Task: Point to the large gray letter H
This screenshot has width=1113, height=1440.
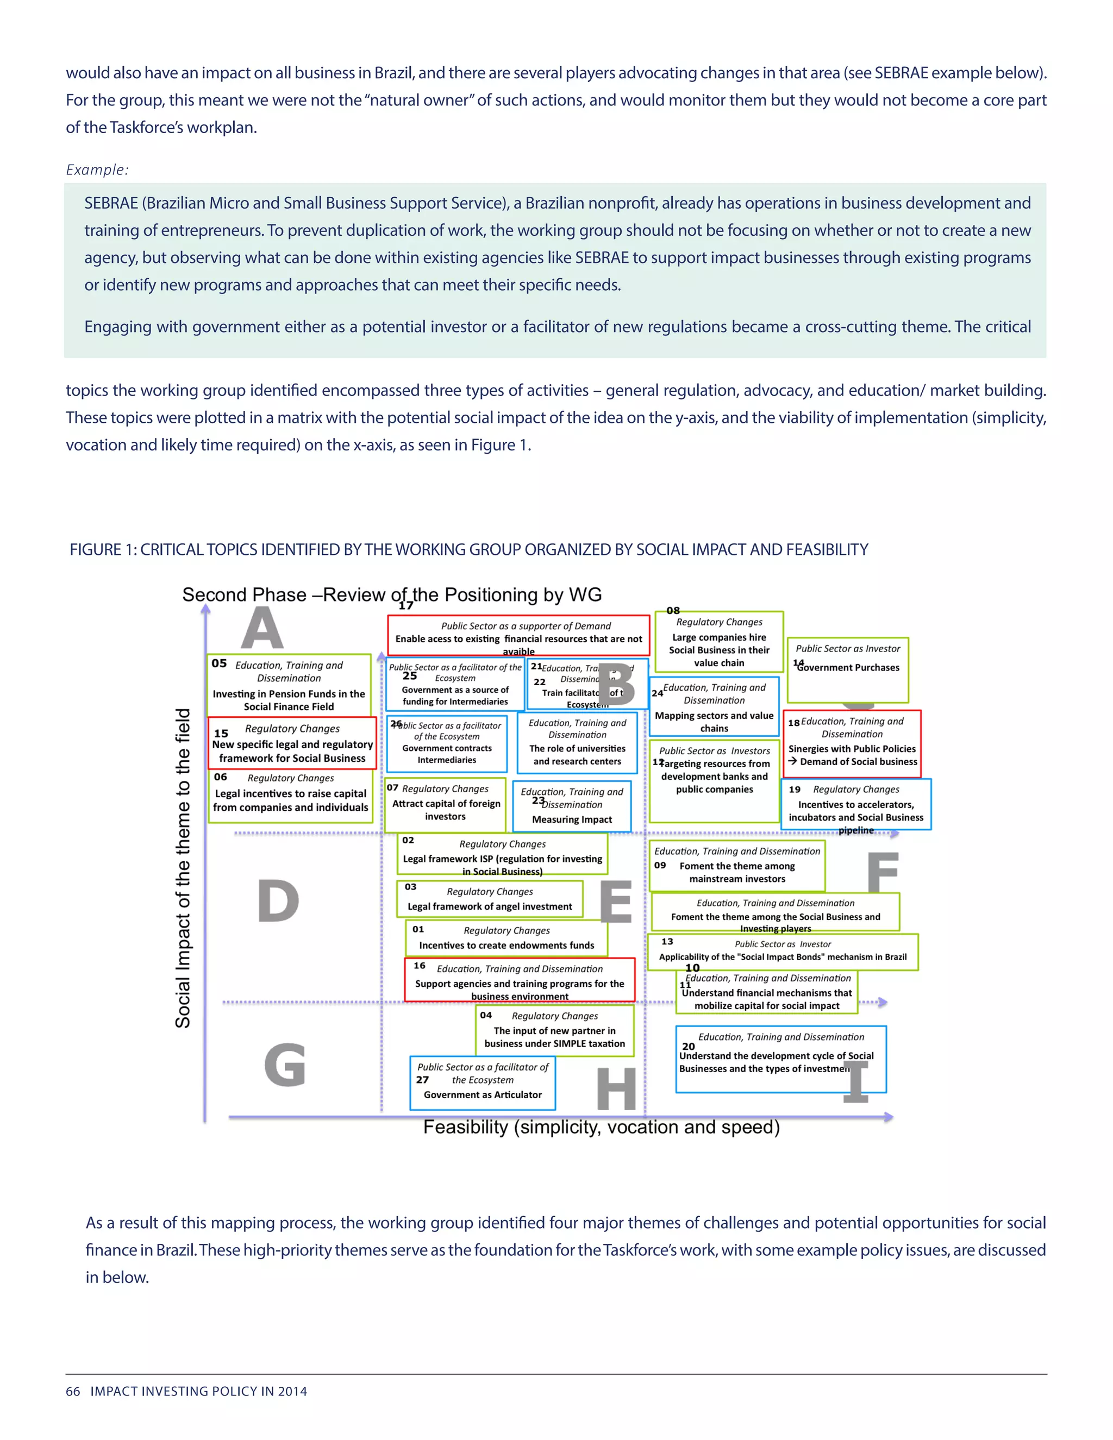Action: click(616, 1089)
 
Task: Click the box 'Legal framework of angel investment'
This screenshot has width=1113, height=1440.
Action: click(489, 899)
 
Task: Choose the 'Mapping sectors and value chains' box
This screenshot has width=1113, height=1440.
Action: click(714, 707)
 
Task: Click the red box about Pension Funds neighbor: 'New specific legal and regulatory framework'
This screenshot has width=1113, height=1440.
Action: click(292, 743)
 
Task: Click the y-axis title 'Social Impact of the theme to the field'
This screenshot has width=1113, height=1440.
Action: click(183, 868)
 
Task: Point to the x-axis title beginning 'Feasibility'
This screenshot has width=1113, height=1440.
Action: click(602, 1127)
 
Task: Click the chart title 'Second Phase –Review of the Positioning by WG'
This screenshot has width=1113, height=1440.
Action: click(392, 594)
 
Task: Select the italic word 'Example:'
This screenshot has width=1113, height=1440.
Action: click(97, 170)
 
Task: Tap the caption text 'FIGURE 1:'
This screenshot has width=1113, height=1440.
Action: click(103, 549)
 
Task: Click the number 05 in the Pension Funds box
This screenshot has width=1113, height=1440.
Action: click(219, 663)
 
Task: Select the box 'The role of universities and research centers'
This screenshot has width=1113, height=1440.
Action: click(577, 742)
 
